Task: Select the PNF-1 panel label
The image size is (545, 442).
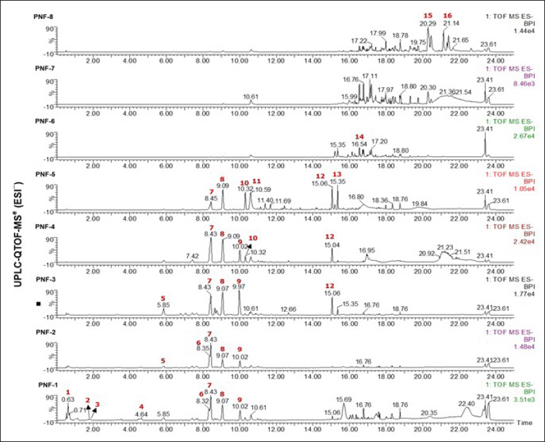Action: click(x=45, y=383)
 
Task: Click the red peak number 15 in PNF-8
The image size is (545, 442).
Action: click(x=427, y=16)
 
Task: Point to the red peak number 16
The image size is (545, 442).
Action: click(x=448, y=16)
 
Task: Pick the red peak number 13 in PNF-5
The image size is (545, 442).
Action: click(x=337, y=174)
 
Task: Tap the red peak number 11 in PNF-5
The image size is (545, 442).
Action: click(x=256, y=182)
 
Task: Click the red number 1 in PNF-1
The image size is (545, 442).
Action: click(x=68, y=392)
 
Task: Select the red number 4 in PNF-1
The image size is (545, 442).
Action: click(x=141, y=406)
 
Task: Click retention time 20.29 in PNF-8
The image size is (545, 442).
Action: click(x=427, y=24)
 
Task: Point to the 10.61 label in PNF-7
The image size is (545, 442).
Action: click(x=251, y=97)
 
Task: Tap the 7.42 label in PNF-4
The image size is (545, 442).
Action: click(x=192, y=256)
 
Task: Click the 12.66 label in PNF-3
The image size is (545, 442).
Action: click(x=289, y=309)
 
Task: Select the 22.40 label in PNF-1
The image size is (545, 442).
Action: click(x=467, y=403)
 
